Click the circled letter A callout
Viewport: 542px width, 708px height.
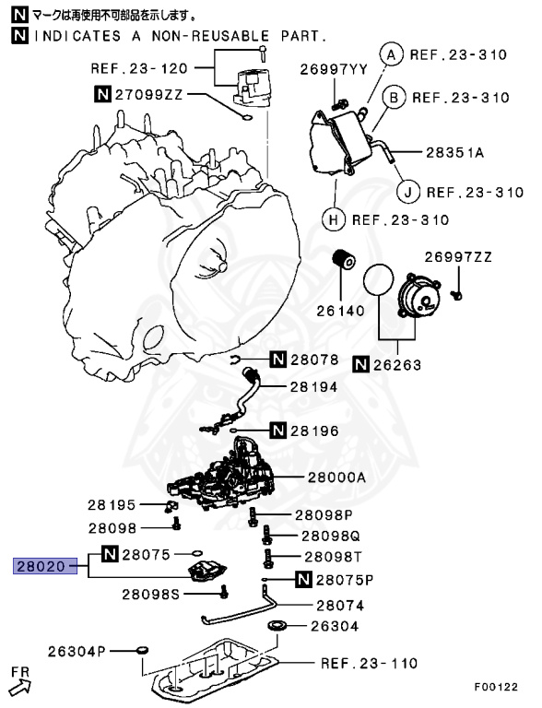(x=391, y=54)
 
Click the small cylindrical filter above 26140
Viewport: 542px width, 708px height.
(x=344, y=261)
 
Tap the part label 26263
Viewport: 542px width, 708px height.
(x=397, y=365)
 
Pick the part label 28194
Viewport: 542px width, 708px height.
(x=315, y=388)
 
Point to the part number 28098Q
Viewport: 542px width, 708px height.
(x=315, y=535)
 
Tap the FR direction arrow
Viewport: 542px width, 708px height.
(x=20, y=683)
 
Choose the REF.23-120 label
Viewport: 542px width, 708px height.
(x=139, y=67)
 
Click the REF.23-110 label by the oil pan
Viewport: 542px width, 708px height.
(x=369, y=663)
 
